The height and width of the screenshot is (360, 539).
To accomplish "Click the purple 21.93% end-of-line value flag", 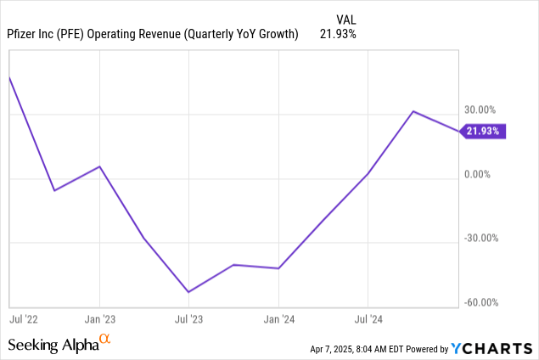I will [x=484, y=132].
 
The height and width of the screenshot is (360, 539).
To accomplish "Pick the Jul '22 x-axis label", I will [x=25, y=320].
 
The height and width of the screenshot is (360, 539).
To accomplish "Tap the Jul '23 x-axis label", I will [x=188, y=320].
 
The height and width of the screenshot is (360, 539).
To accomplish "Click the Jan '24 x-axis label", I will [x=278, y=320].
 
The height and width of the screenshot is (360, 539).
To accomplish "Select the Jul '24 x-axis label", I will [x=368, y=320].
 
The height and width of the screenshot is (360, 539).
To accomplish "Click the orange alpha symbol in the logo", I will [x=105, y=340].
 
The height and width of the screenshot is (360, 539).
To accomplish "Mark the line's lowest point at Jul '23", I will [x=188, y=292].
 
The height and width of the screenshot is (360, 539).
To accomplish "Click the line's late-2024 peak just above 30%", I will [x=413, y=111].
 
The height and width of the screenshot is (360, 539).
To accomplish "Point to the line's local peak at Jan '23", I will [x=99, y=166].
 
